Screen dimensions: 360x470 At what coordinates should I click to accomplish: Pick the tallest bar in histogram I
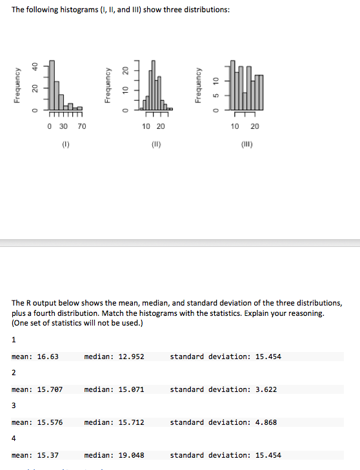[52, 84]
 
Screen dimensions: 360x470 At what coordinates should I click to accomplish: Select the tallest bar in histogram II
[152, 84]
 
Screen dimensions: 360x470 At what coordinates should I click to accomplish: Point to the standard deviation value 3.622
[263, 389]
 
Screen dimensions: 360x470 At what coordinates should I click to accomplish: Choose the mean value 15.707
[49, 389]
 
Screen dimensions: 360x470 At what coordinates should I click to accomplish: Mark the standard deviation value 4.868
[263, 422]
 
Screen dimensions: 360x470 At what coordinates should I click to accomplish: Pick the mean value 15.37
[47, 455]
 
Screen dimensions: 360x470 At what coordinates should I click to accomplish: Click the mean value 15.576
[49, 422]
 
